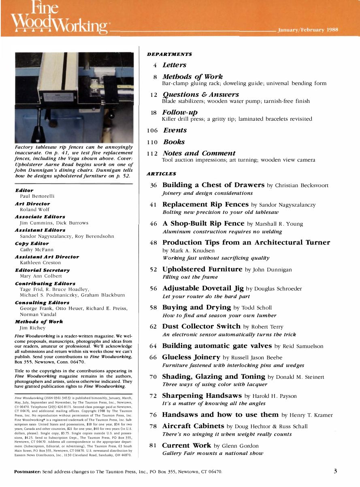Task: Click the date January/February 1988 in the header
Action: [x=308, y=30]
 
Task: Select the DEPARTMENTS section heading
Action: [x=169, y=54]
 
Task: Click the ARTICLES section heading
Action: [x=161, y=174]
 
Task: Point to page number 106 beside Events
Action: [x=152, y=130]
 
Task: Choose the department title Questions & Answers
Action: [x=200, y=94]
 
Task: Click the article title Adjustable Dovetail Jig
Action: [x=203, y=288]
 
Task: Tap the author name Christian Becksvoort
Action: [x=302, y=186]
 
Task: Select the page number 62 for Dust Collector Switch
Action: [x=153, y=327]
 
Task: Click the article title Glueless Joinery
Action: [x=191, y=357]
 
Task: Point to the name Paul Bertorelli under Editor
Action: [x=37, y=196]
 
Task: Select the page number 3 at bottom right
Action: [x=335, y=471]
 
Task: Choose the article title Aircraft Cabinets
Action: [x=193, y=426]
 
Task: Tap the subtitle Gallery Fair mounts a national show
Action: [x=213, y=453]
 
